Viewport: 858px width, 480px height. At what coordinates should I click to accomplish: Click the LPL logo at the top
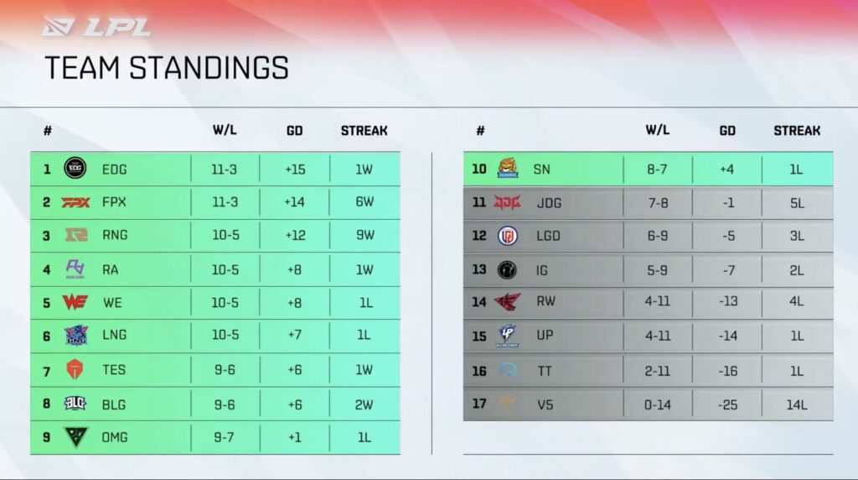coord(96,27)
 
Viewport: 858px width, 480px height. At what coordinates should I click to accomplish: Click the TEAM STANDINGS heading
coord(166,68)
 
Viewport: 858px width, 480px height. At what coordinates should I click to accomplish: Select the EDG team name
coord(115,169)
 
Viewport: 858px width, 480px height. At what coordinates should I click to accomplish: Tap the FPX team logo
coord(75,202)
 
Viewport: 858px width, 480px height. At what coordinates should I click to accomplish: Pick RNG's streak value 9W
coord(364,235)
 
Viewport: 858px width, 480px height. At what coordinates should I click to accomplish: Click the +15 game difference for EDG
coord(295,169)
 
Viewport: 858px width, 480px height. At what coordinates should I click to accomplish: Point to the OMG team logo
coord(75,437)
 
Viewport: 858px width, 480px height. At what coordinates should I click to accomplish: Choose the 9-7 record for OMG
coord(225,437)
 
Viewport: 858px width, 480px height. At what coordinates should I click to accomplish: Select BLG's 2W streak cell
coord(364,404)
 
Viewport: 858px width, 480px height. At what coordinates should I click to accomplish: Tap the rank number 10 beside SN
coord(478,169)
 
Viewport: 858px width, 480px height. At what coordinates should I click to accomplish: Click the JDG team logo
coord(507,202)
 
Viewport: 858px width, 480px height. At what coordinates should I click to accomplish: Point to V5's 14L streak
coord(797,404)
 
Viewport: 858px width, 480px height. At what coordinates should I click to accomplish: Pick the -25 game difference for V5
coord(727,404)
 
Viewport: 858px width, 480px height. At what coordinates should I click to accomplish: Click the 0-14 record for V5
coord(658,404)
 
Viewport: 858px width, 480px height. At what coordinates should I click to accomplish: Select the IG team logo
coord(507,269)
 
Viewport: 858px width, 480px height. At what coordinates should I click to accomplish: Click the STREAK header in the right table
coord(797,131)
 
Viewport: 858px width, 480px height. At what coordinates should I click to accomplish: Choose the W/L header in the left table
coord(225,131)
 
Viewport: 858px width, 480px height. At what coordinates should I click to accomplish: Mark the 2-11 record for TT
coord(658,370)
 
